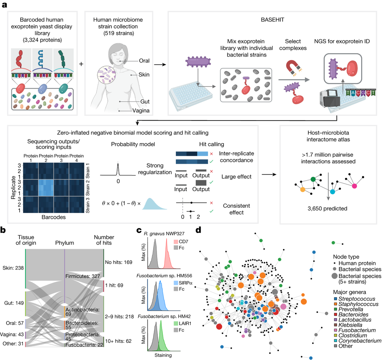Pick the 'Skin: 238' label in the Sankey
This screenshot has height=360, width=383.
[12, 268]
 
